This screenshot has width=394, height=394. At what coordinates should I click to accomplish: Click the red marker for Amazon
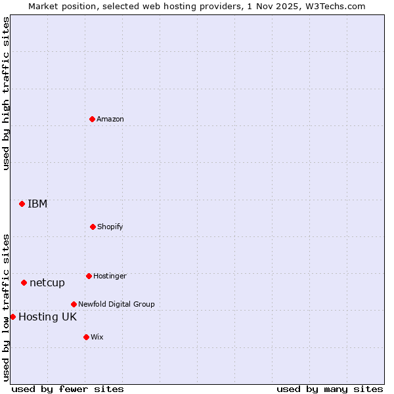click(92, 119)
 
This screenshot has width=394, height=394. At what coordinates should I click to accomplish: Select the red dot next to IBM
click(22, 204)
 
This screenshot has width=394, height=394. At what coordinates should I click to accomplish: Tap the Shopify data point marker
click(93, 227)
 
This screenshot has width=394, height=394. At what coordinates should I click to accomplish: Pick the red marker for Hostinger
click(89, 276)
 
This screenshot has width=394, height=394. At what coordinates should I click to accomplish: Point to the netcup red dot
click(24, 282)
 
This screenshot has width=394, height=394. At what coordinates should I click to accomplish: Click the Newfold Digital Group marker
click(74, 304)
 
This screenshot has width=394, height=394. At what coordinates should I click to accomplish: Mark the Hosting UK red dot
click(12, 317)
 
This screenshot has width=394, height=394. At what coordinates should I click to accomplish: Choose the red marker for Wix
click(86, 337)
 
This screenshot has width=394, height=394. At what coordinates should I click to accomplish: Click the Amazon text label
click(110, 119)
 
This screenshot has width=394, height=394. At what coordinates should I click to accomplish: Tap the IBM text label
click(37, 204)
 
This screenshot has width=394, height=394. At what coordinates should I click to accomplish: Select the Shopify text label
click(110, 227)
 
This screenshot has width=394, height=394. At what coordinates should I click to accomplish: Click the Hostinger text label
click(110, 276)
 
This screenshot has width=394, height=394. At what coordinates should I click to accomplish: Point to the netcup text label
click(47, 282)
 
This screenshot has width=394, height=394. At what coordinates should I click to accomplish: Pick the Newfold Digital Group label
click(116, 304)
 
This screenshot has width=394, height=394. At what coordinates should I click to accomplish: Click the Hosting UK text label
click(47, 317)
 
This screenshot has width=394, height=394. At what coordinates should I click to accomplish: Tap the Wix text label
click(97, 337)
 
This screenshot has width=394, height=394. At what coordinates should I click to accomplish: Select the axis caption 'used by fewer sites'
click(68, 389)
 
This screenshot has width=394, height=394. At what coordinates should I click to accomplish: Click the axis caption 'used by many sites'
click(330, 389)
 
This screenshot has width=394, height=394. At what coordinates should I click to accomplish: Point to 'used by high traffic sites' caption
click(6, 93)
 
